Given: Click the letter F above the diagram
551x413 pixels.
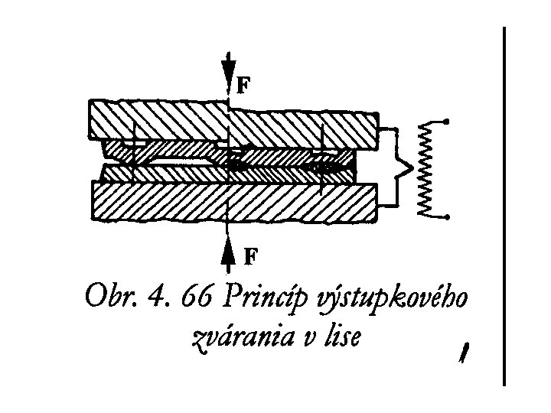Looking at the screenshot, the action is click(x=242, y=85).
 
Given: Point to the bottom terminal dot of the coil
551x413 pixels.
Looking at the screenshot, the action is click(x=448, y=217).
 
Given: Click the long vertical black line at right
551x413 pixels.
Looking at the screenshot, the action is click(x=505, y=206).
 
